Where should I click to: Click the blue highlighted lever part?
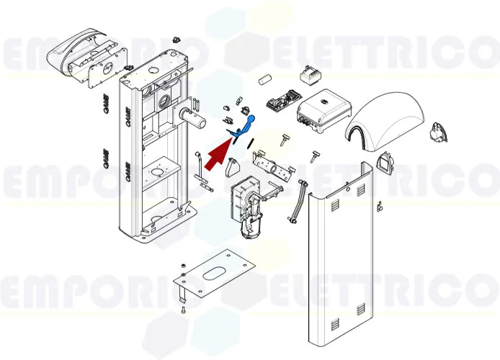pyautogui.click(x=244, y=126)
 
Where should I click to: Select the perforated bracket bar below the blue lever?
pyautogui.click(x=274, y=168)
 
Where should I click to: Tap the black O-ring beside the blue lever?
pyautogui.click(x=249, y=143)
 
